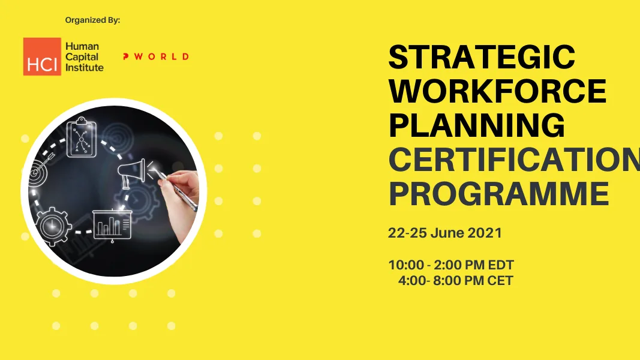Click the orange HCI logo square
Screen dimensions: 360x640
point(42,56)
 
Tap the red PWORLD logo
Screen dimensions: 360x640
point(155,56)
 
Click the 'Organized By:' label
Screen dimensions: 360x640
point(93,20)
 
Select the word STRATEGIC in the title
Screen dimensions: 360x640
point(482,58)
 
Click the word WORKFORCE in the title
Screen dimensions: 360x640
point(497,92)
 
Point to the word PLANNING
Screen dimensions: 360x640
point(477,126)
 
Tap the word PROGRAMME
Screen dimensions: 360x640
point(498,194)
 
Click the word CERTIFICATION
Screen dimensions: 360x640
point(513,160)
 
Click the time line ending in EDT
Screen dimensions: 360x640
point(451,265)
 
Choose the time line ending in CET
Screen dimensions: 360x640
point(455,280)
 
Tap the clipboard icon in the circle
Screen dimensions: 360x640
point(81,137)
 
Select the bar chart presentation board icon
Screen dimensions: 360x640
point(112,225)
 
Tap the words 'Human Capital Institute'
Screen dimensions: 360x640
point(84,57)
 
